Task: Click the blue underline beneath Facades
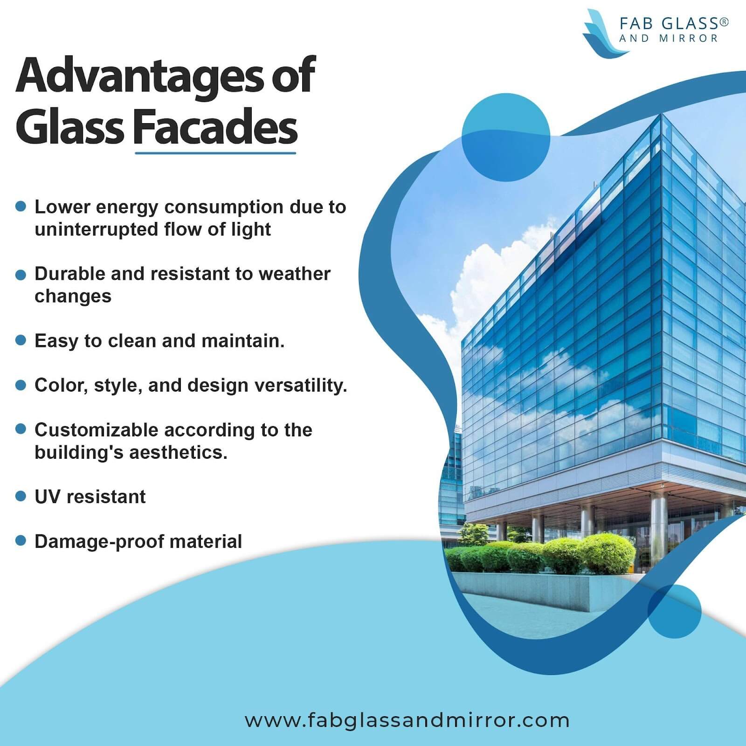pos(215,152)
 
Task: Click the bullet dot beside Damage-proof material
pos(21,540)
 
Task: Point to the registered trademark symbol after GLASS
pos(724,21)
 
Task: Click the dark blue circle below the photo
pos(675,612)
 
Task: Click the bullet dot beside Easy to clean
pos(21,340)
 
